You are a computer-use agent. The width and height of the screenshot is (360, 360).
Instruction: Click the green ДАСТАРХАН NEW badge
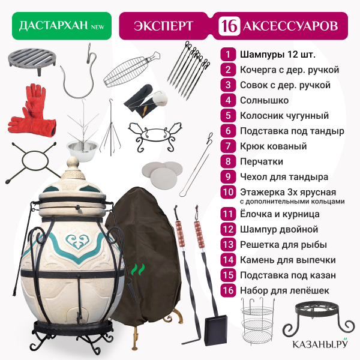pos(62,26)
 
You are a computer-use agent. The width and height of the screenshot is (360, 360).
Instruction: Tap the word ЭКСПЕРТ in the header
pos(163,26)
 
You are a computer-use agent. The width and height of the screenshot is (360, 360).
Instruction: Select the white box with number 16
pos(229,26)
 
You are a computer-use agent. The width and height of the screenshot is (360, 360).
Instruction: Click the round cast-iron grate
pos(32,60)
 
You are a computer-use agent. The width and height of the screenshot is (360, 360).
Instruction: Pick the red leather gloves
pos(32,110)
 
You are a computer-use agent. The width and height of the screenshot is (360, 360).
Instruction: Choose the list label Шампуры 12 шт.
pos(278,55)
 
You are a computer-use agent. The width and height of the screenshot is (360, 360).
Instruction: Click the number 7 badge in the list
pos(228,146)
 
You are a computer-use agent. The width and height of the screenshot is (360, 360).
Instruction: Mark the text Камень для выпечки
pos(288,260)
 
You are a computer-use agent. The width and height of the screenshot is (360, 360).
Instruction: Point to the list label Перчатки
pos(262,161)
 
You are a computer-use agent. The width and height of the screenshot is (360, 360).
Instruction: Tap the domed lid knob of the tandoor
pos(73,164)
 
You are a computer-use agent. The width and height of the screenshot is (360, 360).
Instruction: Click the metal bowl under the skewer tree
pos(82,151)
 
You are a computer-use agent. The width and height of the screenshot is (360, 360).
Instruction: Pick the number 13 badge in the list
pos(228,245)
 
